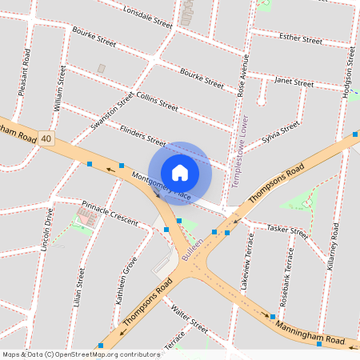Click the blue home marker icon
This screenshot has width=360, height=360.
click(180, 172)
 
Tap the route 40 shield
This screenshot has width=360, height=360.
click(47, 138)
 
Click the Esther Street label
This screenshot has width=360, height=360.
click(300, 39)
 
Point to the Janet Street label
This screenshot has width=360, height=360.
click(294, 82)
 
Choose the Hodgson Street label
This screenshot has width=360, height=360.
click(348, 71)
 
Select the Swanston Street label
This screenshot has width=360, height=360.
click(113, 111)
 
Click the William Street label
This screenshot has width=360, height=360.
click(58, 87)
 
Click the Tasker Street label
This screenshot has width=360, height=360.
click(287, 230)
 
